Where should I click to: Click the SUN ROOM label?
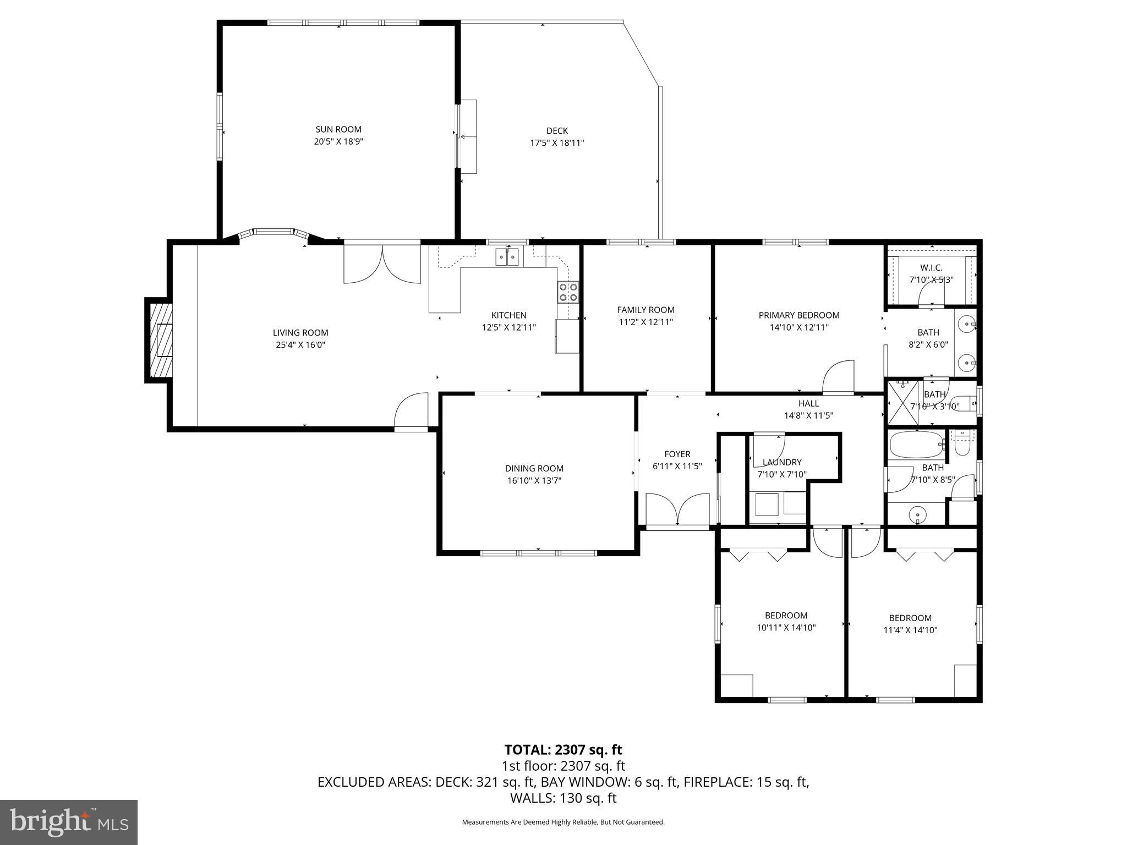pos(338,129)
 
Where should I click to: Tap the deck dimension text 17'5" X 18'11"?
pos(557,143)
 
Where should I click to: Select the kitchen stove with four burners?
pos(568,292)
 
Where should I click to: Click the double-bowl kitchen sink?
pos(507,256)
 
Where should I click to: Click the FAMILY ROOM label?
pos(645,310)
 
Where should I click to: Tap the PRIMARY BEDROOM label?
pos(798,315)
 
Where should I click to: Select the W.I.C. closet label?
pos(931,267)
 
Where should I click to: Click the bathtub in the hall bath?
pos(916,445)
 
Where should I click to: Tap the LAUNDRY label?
pos(781,462)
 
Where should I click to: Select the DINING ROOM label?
pos(534,468)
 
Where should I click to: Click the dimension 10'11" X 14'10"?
pos(786,628)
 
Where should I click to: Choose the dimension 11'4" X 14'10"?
pos(910,630)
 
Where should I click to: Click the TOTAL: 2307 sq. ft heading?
pos(563,749)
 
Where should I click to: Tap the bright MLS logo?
pos(68,822)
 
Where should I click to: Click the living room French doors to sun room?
pos(382,265)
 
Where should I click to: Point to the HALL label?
pos(808,403)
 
